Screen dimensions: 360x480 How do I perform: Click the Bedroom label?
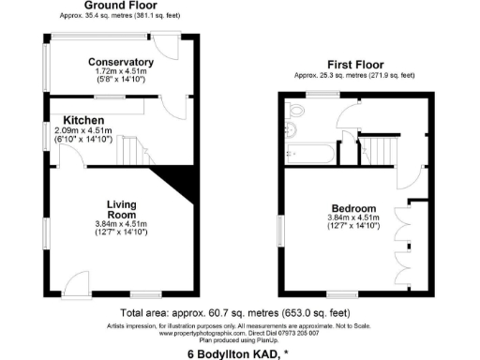pyautogui.click(x=353, y=208)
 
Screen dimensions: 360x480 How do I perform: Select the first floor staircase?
pyautogui.click(x=380, y=147)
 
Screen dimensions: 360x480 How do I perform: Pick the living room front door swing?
pyautogui.click(x=78, y=277)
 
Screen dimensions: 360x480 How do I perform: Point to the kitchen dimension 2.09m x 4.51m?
pyautogui.click(x=84, y=130)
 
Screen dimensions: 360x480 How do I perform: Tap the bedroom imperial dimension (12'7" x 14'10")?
pyautogui.click(x=353, y=226)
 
